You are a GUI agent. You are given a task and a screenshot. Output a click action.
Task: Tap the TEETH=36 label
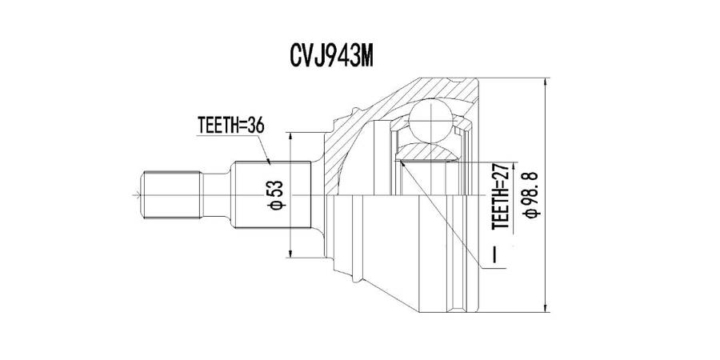click(x=230, y=125)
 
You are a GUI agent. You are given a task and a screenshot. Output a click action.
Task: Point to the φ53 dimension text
click(x=278, y=195)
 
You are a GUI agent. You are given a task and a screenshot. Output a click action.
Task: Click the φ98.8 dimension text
click(x=530, y=195)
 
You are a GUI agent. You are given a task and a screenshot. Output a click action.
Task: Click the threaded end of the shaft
click(x=172, y=195)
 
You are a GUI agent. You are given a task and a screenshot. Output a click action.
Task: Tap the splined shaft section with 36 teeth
click(x=273, y=195)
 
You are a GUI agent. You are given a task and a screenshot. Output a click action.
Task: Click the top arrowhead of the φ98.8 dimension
click(x=545, y=82)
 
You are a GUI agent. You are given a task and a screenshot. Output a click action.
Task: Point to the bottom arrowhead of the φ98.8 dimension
click(x=545, y=307)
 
